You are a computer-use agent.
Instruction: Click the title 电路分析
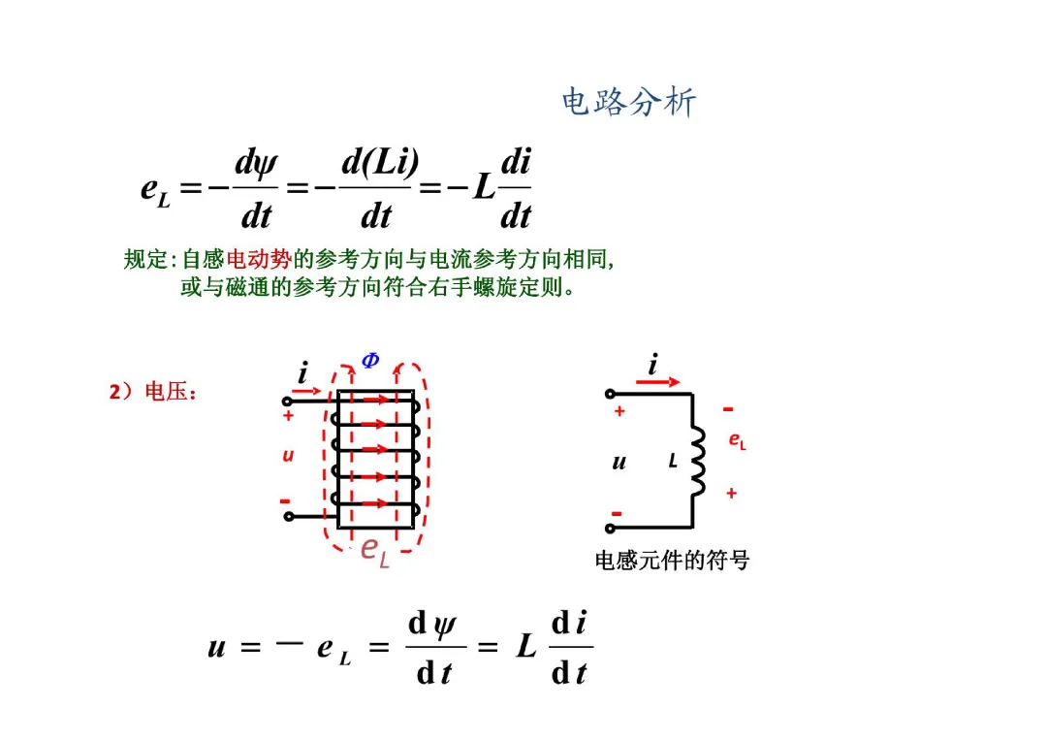coord(629,103)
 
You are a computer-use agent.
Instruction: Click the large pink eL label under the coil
coord(374,550)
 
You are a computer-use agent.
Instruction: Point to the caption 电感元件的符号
coord(672,561)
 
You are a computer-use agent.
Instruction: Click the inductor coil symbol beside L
coord(698,461)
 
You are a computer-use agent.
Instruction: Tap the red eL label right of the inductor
coord(738,441)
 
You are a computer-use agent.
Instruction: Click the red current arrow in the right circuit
coord(658,383)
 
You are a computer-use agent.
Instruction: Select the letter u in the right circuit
coord(619,463)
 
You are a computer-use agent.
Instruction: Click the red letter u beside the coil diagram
coord(288,455)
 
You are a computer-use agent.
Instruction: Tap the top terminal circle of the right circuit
coord(610,394)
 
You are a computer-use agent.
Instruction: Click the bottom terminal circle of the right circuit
coord(610,528)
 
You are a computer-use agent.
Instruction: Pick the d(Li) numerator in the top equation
coord(380,164)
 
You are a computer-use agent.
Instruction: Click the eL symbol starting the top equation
coord(155,189)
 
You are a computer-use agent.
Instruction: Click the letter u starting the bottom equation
coord(217,647)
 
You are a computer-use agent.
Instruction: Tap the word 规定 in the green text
coord(146,260)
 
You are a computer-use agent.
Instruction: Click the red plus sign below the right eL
coord(731,493)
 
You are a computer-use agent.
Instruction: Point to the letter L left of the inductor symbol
coord(673,463)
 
